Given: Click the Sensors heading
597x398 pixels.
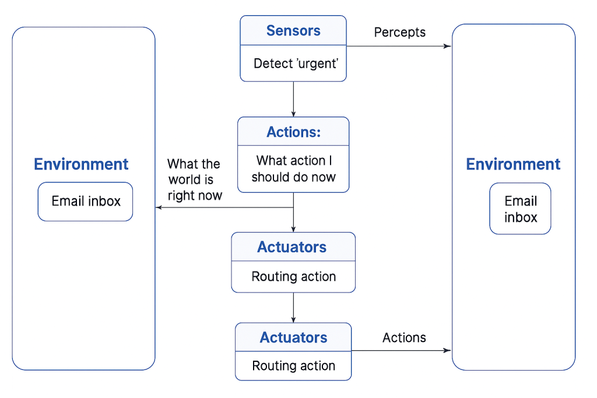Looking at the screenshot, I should click(x=293, y=31).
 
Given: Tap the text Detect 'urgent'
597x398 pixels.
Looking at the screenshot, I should click(x=296, y=64).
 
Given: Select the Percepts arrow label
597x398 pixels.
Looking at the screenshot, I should click(x=399, y=32).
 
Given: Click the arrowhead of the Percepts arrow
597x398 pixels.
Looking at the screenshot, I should click(x=448, y=46).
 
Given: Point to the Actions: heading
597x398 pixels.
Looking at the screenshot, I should click(x=293, y=132).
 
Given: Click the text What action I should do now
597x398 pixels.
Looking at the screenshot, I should click(x=293, y=168).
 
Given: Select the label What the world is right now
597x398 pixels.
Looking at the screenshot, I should click(x=194, y=179).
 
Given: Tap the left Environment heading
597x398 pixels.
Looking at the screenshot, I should click(x=81, y=164).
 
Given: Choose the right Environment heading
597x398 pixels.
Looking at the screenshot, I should click(x=513, y=164).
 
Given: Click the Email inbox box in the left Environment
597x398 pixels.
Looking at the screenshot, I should click(x=86, y=202).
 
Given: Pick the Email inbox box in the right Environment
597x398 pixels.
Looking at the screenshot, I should click(x=520, y=209).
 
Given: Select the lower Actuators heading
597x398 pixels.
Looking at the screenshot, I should click(x=293, y=337).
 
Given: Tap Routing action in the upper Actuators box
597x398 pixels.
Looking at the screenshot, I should click(x=293, y=277).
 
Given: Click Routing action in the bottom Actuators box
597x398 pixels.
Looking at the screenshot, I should click(x=293, y=366).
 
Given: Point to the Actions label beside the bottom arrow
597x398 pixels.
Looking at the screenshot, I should click(x=404, y=337).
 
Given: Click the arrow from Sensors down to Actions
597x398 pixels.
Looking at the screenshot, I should click(x=293, y=99).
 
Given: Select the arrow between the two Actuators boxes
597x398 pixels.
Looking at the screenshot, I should click(x=293, y=307).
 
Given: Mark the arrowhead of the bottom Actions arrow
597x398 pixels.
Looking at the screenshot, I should click(x=448, y=350).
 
